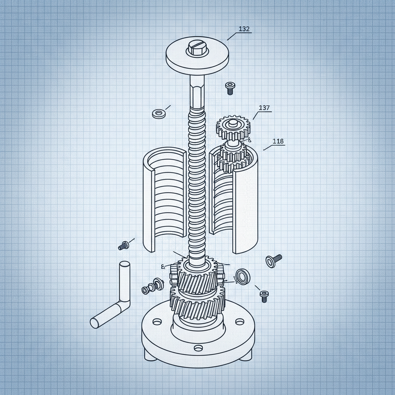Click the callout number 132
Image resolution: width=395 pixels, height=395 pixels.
point(244,29)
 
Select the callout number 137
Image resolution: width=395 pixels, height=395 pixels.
point(264,108)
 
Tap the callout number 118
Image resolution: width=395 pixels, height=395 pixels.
point(278,142)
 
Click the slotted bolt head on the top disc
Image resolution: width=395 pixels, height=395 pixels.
point(197,49)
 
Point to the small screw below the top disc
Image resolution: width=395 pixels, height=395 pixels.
point(230,88)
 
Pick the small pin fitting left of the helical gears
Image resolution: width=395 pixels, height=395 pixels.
point(152,287)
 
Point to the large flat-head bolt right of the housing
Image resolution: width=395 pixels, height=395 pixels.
point(273,260)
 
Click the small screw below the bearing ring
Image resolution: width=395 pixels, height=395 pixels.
point(264,296)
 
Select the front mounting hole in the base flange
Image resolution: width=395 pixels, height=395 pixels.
point(198,348)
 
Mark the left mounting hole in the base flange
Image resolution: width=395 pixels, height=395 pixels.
point(157,321)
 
